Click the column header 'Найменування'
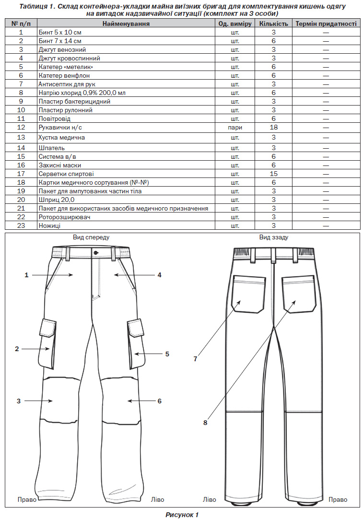[x=126, y=24]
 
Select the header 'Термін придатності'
[x=326, y=24]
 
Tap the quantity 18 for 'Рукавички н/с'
[x=273, y=127]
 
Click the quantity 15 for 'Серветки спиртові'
[x=273, y=174]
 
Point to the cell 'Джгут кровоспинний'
[x=70, y=59]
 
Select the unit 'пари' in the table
[x=235, y=128]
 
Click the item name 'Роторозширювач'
[x=64, y=217]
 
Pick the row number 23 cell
[x=21, y=226]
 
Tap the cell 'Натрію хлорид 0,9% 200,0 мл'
[x=82, y=93]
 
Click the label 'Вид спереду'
[x=91, y=237]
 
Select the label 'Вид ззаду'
[x=274, y=237]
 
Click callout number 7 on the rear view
[x=195, y=359]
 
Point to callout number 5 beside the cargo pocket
[x=167, y=354]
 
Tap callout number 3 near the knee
[x=19, y=401]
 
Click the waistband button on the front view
[x=96, y=253]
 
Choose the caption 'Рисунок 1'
[x=182, y=515]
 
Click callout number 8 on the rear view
[x=205, y=423]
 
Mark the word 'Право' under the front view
[x=27, y=499]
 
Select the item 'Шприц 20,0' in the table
[x=57, y=200]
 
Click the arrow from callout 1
[x=52, y=275]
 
